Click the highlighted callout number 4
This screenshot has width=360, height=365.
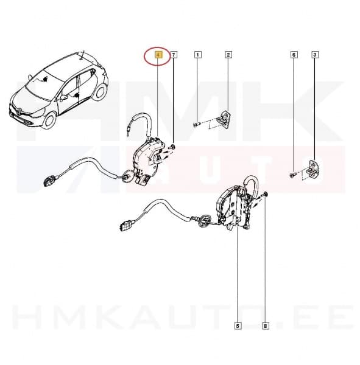[x=158, y=55]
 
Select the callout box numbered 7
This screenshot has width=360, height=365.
[x=174, y=55]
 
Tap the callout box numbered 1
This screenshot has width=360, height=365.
[x=197, y=55]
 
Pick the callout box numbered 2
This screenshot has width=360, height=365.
[x=228, y=55]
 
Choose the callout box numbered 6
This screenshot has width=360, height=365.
[x=294, y=55]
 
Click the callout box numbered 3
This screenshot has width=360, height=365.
[x=315, y=55]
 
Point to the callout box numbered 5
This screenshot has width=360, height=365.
[x=238, y=326]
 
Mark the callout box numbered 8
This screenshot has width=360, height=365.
[x=265, y=326]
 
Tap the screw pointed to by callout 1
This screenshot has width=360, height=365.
[x=197, y=125]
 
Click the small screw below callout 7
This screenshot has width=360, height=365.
[x=174, y=147]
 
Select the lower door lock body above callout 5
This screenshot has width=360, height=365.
[x=235, y=210]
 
